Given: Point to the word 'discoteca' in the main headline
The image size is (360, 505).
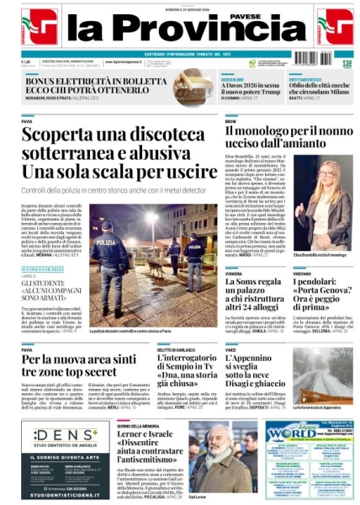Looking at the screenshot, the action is click(149, 136).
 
